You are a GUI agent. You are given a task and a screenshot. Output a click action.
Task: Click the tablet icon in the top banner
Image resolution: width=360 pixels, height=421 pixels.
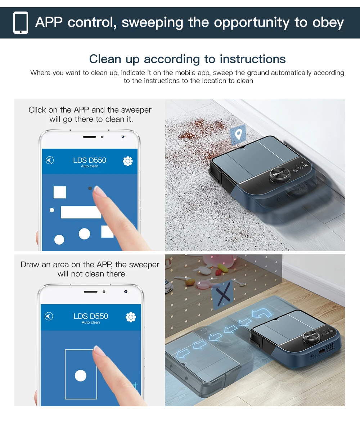point(21,23)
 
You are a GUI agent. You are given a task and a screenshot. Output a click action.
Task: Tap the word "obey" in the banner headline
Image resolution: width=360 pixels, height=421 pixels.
point(328,23)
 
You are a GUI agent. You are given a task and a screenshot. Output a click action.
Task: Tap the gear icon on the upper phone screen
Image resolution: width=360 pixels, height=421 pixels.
point(127,161)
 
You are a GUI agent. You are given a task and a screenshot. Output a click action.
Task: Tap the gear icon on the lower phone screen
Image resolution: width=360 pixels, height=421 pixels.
point(131,317)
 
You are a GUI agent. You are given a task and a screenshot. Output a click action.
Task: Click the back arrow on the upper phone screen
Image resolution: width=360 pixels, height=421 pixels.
point(50,160)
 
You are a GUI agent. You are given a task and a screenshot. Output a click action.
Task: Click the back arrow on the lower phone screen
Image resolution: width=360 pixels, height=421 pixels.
point(49,316)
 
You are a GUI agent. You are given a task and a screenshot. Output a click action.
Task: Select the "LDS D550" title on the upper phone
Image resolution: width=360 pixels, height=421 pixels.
point(90,160)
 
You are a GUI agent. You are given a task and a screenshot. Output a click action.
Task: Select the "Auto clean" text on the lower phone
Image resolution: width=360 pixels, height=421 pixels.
point(91,322)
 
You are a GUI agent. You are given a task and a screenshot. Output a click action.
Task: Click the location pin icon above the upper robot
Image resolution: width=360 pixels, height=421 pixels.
point(238,134)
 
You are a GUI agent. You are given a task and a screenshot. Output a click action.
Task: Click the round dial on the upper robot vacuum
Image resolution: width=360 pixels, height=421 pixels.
point(280,175)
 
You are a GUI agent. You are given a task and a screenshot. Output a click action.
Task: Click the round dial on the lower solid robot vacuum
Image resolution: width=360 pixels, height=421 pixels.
point(311,337)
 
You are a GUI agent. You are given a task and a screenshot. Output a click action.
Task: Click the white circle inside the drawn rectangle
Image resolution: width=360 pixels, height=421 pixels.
point(81,376)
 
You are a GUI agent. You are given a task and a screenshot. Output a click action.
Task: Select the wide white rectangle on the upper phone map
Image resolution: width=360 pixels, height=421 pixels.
point(81,212)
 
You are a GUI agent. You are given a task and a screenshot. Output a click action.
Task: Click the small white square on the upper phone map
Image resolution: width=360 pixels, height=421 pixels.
point(60,192)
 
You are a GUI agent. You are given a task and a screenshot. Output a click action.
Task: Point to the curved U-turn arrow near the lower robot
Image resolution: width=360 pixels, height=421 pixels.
point(262,313)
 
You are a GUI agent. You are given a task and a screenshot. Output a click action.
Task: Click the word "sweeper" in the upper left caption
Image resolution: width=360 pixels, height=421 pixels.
point(136,110)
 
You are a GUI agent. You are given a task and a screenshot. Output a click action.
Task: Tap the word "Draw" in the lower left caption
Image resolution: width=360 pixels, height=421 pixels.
point(30,264)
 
